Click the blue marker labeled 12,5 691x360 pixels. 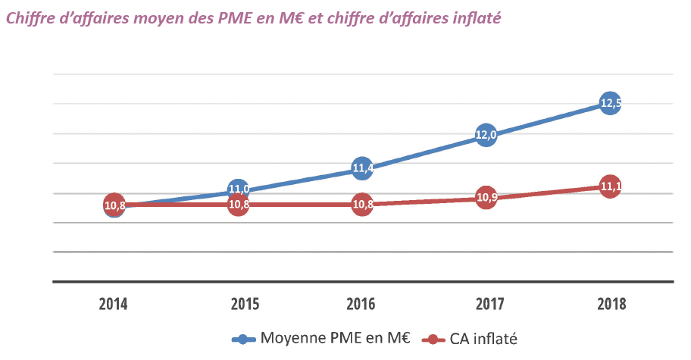pyautogui.click(x=610, y=103)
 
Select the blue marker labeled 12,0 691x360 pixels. pyautogui.click(x=486, y=136)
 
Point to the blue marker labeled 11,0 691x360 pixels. pyautogui.click(x=239, y=190)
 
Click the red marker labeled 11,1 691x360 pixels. pyautogui.click(x=610, y=186)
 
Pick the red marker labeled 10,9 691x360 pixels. pyautogui.click(x=486, y=199)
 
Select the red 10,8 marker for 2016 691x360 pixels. pyautogui.click(x=362, y=205)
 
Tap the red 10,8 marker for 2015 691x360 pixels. pyautogui.click(x=239, y=205)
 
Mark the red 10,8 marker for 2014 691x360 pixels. pyautogui.click(x=114, y=205)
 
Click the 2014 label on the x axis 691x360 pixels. pyautogui.click(x=114, y=305)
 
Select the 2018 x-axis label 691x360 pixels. pyautogui.click(x=611, y=305)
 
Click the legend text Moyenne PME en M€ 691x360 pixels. pyautogui.click(x=334, y=339)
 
